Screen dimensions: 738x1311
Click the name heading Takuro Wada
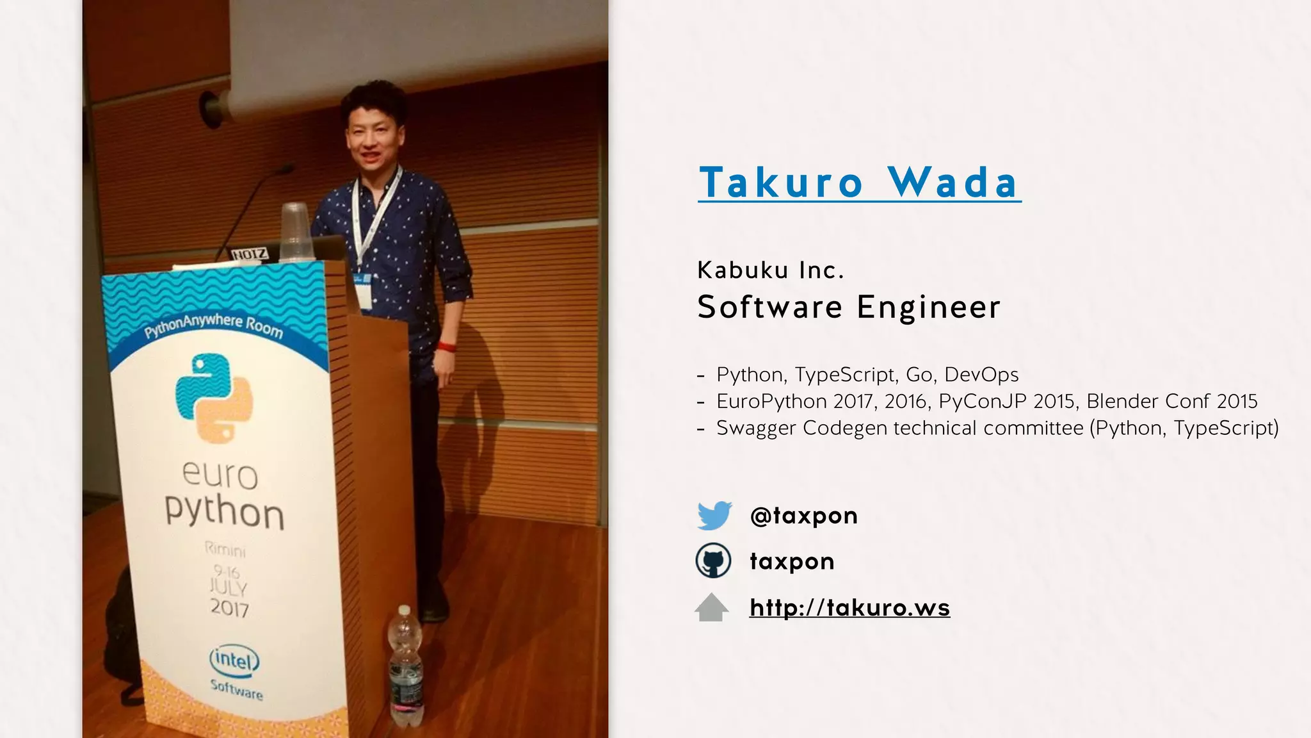coord(859,183)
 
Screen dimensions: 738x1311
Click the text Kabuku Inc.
coord(770,270)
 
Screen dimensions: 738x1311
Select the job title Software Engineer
coord(848,307)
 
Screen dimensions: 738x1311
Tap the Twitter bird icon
coord(714,515)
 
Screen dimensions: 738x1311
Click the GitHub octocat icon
coord(713,561)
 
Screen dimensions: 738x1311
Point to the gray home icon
coord(712,607)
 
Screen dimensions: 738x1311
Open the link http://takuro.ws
coord(849,607)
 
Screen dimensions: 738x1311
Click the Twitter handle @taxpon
coord(803,515)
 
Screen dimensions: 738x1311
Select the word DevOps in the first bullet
coord(981,375)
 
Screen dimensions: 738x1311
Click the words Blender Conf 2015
coord(1171,402)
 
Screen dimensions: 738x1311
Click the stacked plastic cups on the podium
coord(295,232)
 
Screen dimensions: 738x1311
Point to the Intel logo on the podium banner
coord(234,660)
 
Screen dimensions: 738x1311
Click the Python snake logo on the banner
coord(214,397)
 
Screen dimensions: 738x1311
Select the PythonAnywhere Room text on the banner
coord(214,325)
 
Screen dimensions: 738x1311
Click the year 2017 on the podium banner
coord(229,607)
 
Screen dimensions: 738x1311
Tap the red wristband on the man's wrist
coord(446,347)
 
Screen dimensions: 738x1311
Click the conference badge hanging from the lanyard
coord(362,290)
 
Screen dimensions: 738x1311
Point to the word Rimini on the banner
coord(225,550)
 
